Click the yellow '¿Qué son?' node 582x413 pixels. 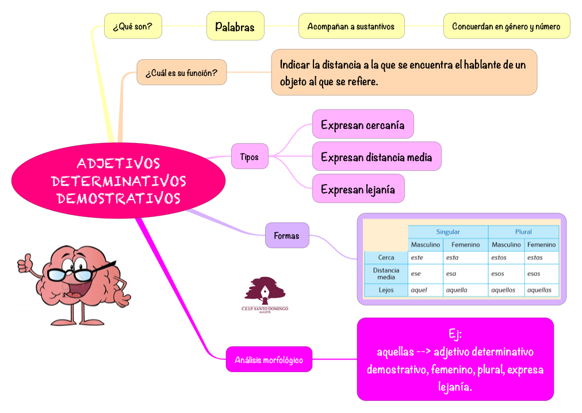click(132, 26)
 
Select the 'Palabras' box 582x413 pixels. click(235, 26)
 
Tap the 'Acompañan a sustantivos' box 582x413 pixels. click(351, 26)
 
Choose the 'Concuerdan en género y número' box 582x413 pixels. click(507, 26)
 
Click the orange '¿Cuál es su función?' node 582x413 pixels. click(181, 73)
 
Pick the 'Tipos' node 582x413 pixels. click(250, 156)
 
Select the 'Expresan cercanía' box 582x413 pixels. click(363, 125)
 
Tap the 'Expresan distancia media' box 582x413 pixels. click(376, 156)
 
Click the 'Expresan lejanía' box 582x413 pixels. click(358, 189)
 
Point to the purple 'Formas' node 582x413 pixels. click(286, 235)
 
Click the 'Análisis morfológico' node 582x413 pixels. click(269, 360)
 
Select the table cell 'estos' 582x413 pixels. click(499, 258)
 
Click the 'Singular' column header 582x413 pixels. click(447, 232)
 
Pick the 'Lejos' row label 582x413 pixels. click(386, 290)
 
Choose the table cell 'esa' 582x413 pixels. click(451, 274)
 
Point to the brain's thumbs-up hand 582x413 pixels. click(26, 263)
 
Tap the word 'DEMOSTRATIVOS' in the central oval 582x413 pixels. click(119, 198)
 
